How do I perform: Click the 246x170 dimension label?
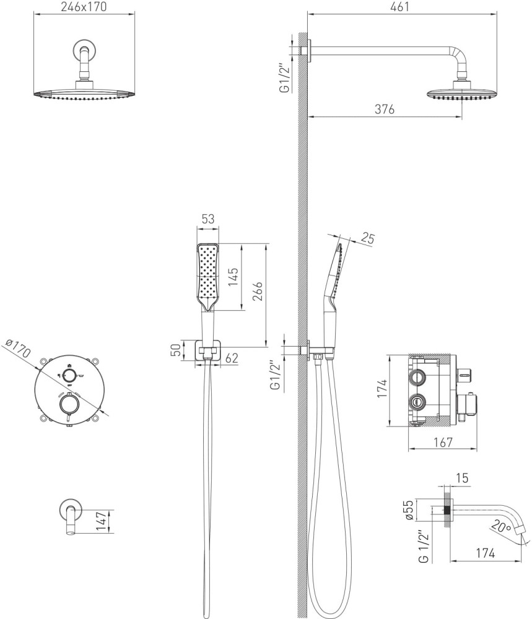coord(84,7)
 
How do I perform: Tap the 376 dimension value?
coord(384,110)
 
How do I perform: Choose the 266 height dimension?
coord(258,291)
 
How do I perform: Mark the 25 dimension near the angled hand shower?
coord(367,238)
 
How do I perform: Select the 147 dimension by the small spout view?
coord(102,521)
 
